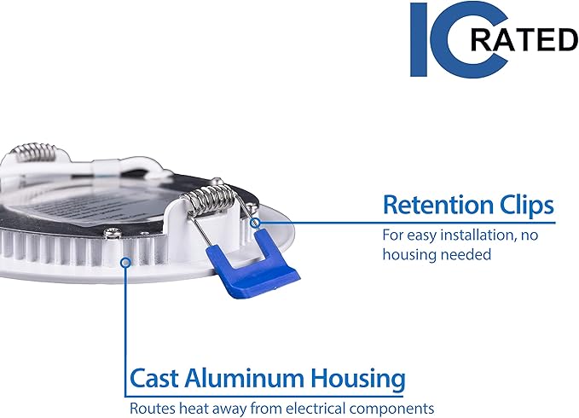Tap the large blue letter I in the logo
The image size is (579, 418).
tap(419, 39)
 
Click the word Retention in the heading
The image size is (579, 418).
tap(438, 205)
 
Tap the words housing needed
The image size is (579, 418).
tap(437, 254)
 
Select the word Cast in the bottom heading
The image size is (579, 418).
tap(154, 379)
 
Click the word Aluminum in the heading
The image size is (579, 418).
tap(245, 378)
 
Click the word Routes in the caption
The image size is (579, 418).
tap(152, 409)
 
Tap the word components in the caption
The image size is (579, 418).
tap(391, 409)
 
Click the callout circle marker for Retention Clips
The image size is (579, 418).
tap(255, 223)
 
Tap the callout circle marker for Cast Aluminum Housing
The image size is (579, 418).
tap(126, 262)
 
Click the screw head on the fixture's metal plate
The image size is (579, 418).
tap(113, 233)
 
